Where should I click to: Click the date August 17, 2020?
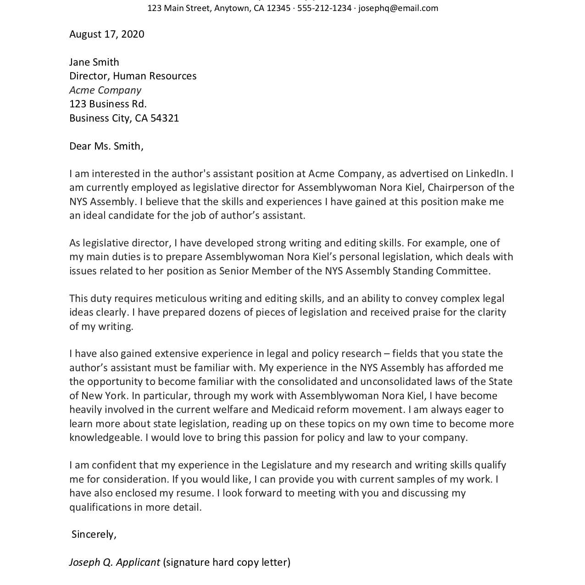[106, 34]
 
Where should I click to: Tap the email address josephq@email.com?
[398, 8]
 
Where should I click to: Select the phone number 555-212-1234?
[324, 8]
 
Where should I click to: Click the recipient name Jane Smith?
[94, 62]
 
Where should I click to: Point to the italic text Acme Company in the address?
[105, 90]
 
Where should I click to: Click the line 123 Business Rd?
[108, 104]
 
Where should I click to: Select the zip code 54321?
[165, 118]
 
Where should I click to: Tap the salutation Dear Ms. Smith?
[106, 146]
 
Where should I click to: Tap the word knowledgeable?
[106, 437]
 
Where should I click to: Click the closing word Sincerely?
[94, 535]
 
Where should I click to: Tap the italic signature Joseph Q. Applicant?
[114, 562]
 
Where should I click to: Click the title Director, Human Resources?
[133, 76]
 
